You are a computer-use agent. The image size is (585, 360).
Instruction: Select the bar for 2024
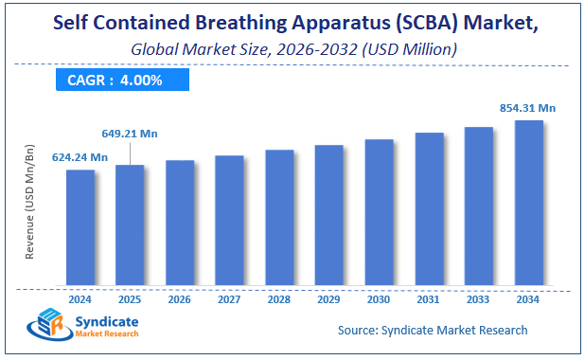[x=80, y=227]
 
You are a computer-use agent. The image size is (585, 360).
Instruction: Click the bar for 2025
[x=130, y=225]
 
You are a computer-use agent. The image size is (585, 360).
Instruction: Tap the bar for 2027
[x=229, y=220]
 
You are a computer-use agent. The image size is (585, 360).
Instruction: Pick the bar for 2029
[x=328, y=215]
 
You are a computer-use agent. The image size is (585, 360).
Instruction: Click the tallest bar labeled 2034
[x=528, y=203]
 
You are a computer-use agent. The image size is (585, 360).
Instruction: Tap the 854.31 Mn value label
[x=526, y=108]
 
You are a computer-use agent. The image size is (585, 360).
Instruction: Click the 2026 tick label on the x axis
[x=180, y=298]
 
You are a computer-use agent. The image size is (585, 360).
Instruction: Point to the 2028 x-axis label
[x=279, y=298]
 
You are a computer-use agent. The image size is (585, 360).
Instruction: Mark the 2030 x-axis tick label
[x=379, y=298]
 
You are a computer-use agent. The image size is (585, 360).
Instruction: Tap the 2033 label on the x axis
[x=478, y=298]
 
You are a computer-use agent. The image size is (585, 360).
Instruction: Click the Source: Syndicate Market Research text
[x=433, y=330]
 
